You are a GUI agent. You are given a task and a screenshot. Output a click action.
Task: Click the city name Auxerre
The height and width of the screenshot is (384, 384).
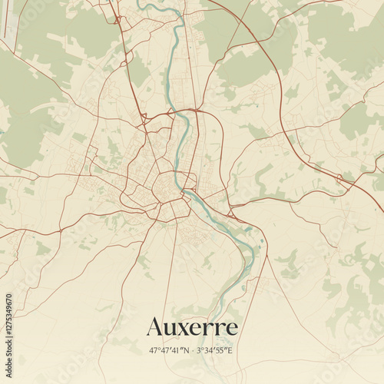[192, 328]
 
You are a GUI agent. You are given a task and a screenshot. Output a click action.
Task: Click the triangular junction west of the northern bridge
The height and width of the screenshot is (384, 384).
[144, 118]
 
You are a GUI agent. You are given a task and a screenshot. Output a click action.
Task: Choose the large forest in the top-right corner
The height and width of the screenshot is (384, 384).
[346, 38]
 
